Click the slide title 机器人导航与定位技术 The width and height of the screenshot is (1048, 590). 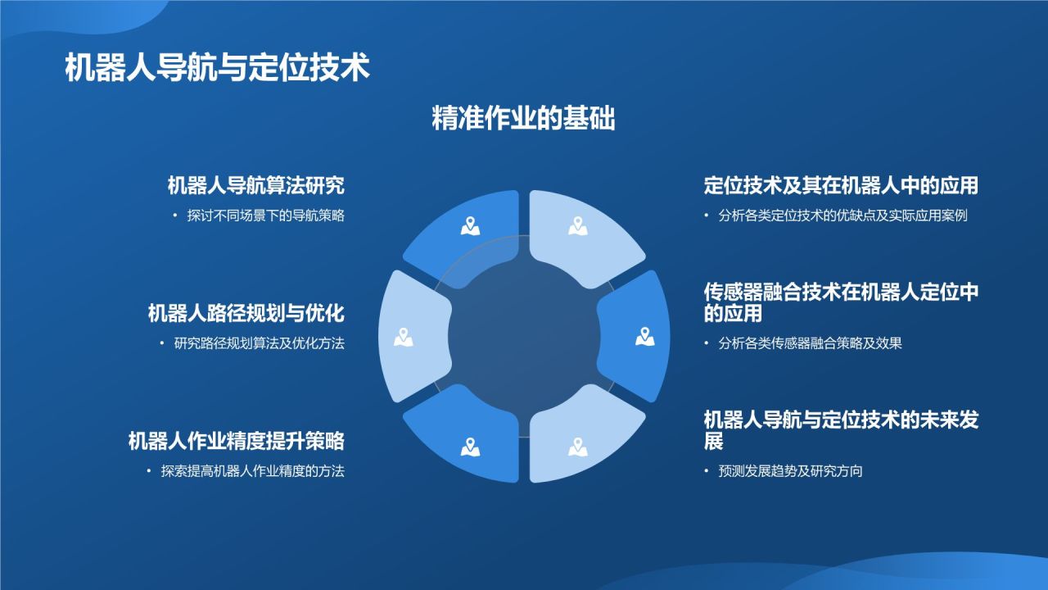pyautogui.click(x=217, y=68)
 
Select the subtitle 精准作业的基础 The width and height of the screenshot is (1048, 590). pyautogui.click(x=523, y=119)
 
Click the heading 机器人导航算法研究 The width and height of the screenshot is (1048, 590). pyautogui.click(x=255, y=186)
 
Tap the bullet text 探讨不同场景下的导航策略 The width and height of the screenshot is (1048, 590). pyautogui.click(x=265, y=216)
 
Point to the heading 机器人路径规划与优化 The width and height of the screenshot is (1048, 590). pyautogui.click(x=246, y=313)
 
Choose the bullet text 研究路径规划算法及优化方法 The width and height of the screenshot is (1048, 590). pyautogui.click(x=259, y=343)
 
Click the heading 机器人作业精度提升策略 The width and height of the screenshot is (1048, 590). pyautogui.click(x=236, y=441)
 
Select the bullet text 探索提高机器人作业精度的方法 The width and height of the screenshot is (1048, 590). pyautogui.click(x=252, y=471)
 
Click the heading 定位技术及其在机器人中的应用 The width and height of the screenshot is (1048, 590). pyautogui.click(x=841, y=186)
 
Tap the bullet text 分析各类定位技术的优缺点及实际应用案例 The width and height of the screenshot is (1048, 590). pyautogui.click(x=843, y=216)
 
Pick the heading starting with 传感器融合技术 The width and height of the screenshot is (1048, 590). pyautogui.click(x=841, y=302)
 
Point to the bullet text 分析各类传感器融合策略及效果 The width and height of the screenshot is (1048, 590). pyautogui.click(x=810, y=343)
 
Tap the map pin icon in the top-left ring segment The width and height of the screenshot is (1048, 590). pyautogui.click(x=470, y=225)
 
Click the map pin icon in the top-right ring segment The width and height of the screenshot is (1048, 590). pyautogui.click(x=578, y=225)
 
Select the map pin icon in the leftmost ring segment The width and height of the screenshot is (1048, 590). pyautogui.click(x=402, y=337)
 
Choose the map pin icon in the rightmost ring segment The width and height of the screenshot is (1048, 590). pyautogui.click(x=645, y=337)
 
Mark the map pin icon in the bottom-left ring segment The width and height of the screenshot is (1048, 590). pyautogui.click(x=470, y=447)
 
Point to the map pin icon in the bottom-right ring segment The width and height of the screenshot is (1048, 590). pyautogui.click(x=578, y=447)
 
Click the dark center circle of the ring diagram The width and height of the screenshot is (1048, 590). pyautogui.click(x=524, y=337)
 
